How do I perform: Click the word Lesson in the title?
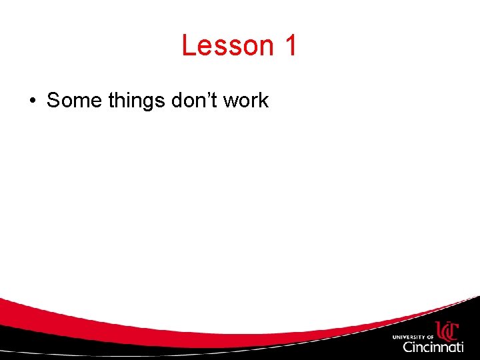click(227, 46)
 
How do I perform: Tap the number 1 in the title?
click(290, 46)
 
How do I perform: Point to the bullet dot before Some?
click(32, 101)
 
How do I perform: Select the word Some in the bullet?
click(71, 101)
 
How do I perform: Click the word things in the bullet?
click(133, 101)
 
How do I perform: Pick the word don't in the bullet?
click(194, 101)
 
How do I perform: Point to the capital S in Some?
click(53, 101)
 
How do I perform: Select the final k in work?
click(264, 101)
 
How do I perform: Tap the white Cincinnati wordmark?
click(433, 347)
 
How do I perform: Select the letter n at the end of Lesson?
click(266, 47)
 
